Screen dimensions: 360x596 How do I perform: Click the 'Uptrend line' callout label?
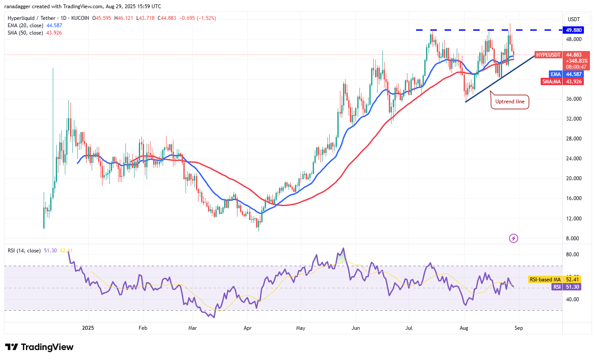tap(510, 102)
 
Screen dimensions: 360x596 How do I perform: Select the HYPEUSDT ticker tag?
tap(548, 55)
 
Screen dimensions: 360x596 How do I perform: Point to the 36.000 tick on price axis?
tap(574, 99)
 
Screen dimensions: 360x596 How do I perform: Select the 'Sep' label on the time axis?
tap(519, 328)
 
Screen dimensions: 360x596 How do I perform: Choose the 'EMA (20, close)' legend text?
tap(25, 25)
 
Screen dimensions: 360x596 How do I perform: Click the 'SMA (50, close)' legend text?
tap(25, 33)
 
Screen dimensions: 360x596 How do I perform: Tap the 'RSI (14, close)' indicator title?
tap(24, 251)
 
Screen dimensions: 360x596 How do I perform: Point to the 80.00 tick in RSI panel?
tap(572, 255)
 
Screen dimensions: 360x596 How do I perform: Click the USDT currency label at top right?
tap(573, 19)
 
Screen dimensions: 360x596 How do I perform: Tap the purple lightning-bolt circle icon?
tap(513, 238)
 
